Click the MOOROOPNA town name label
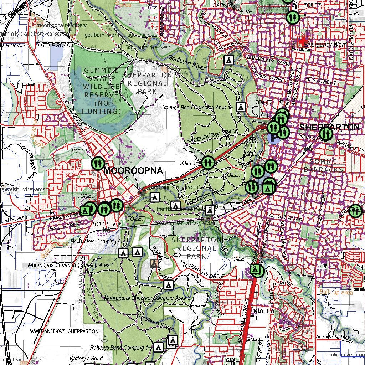pos(133,171)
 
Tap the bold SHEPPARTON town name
pos(329,127)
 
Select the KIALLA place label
pos(264,311)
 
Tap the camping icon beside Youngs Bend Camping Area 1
pos(241,107)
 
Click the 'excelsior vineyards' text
pos(23,189)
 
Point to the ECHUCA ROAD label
pos(72,114)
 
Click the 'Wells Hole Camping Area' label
pos(99,242)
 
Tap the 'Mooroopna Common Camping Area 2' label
pos(147,298)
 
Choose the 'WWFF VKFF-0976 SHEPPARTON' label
pos(64,331)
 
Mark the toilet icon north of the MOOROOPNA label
pos(98,163)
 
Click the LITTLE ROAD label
pos(54,45)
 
